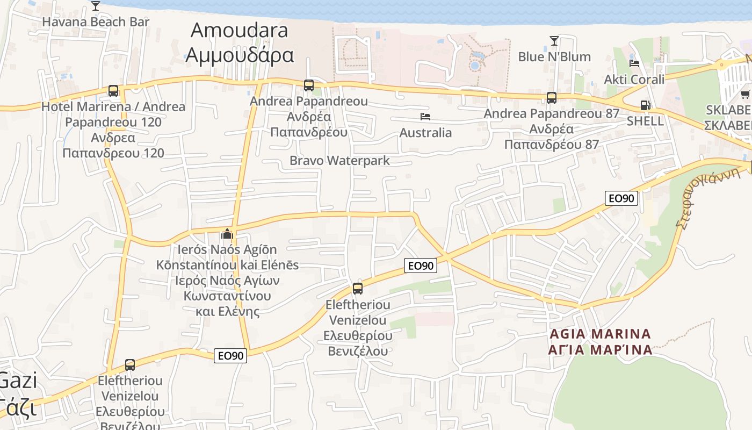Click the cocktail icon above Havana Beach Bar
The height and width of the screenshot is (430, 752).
point(96,6)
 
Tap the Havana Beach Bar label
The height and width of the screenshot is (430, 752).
point(96,22)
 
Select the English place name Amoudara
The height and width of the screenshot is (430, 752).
point(239,30)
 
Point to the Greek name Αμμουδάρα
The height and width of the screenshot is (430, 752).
point(240,55)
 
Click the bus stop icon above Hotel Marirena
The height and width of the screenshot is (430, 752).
point(113,90)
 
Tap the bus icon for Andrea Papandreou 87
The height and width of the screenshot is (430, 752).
point(552,97)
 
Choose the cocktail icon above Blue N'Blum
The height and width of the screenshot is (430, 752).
point(554,41)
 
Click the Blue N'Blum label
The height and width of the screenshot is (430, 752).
point(554,56)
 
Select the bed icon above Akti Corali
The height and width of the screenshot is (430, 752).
point(634,63)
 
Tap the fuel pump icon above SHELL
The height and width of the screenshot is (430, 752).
point(645,105)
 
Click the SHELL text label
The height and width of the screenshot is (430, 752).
point(645,121)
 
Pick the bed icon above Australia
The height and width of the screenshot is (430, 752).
point(425,117)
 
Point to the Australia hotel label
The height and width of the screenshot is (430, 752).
point(425,132)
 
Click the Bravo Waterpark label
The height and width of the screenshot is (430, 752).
point(339,160)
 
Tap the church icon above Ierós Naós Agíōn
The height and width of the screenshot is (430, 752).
point(227,234)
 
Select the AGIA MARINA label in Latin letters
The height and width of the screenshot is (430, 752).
point(600,334)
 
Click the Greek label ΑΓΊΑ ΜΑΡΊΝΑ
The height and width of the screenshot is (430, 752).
point(600,350)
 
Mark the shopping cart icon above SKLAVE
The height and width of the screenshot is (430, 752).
point(745,95)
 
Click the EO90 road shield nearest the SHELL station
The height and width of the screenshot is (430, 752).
point(621,198)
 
